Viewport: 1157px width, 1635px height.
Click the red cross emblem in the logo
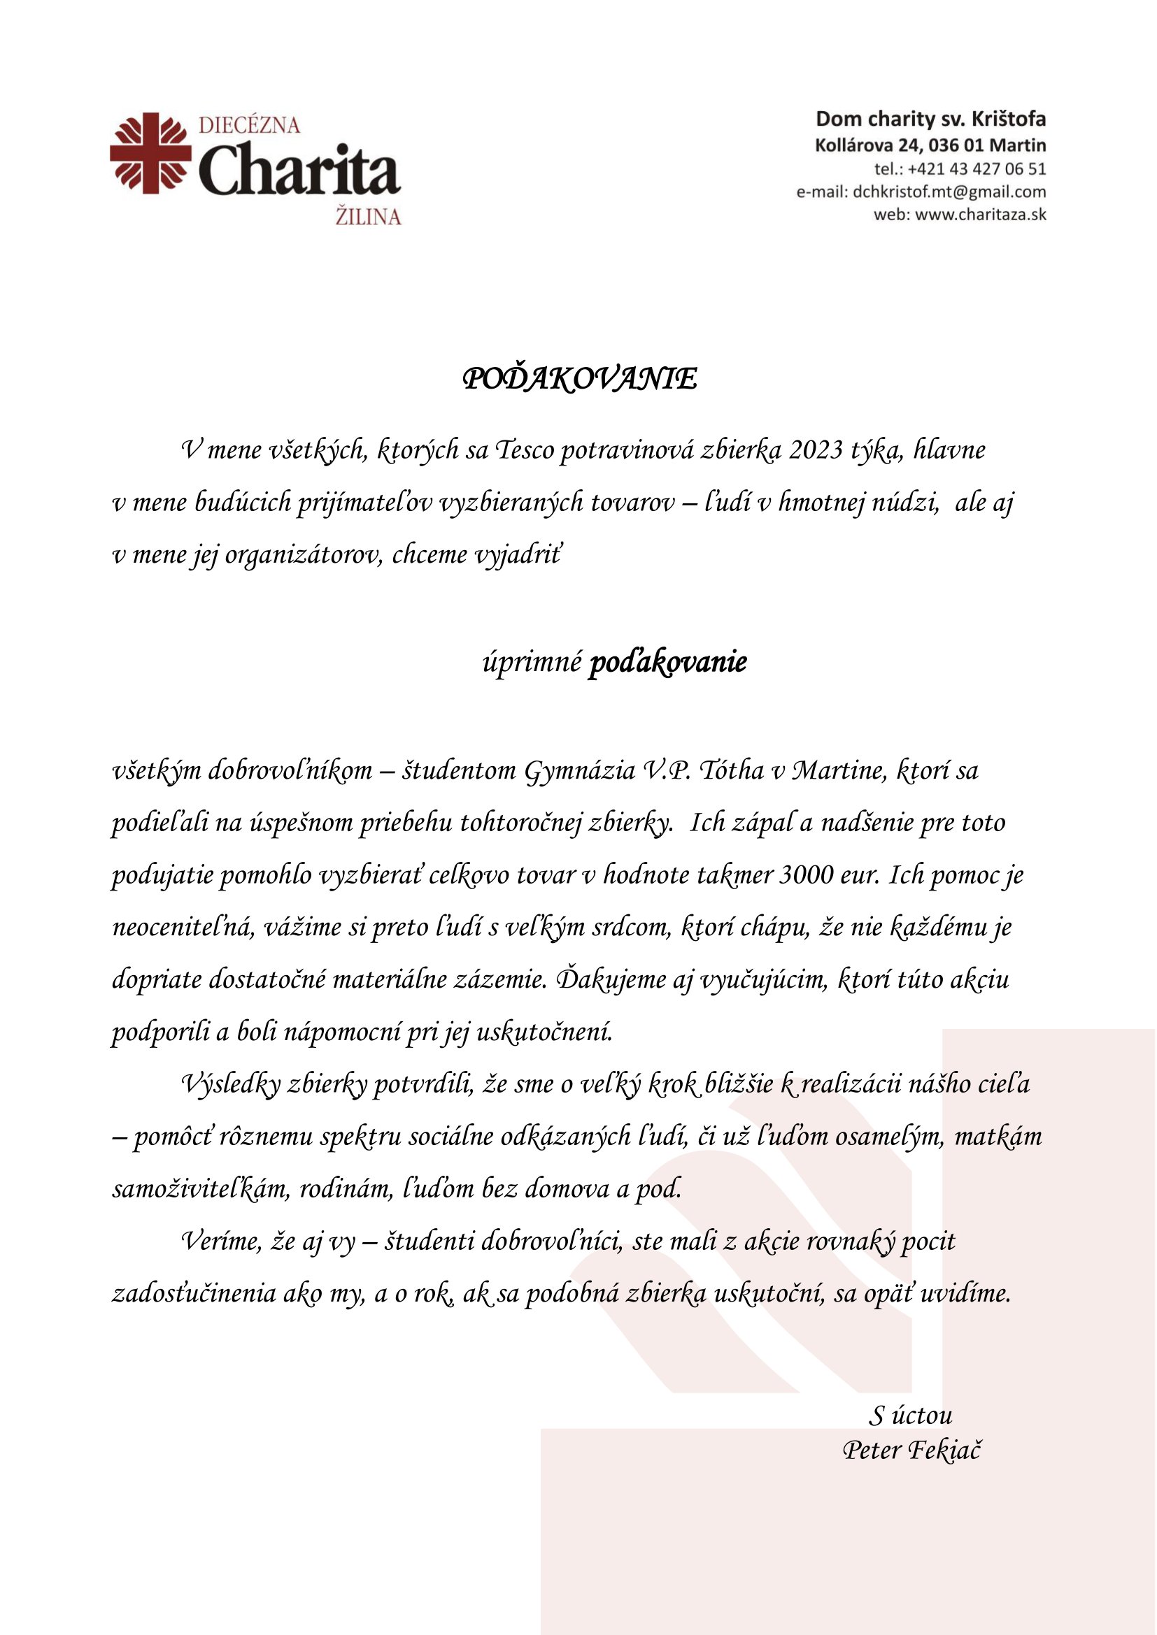[150, 153]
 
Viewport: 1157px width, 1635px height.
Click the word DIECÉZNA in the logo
[248, 126]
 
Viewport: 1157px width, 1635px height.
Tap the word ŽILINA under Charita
[368, 217]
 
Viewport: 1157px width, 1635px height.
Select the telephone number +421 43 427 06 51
[977, 169]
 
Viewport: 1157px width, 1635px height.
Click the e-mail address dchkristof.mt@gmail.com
[949, 192]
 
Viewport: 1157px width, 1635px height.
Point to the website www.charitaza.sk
[980, 215]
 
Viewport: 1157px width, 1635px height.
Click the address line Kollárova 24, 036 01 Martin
[930, 146]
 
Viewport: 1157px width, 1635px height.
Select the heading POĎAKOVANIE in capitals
[580, 379]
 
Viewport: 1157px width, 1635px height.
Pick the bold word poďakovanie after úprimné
[667, 662]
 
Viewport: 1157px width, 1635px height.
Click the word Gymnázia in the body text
[580, 770]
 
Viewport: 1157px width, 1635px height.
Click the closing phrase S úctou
[911, 1416]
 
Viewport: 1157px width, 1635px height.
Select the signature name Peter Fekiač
[911, 1450]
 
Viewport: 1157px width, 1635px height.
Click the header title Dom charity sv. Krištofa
[930, 119]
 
